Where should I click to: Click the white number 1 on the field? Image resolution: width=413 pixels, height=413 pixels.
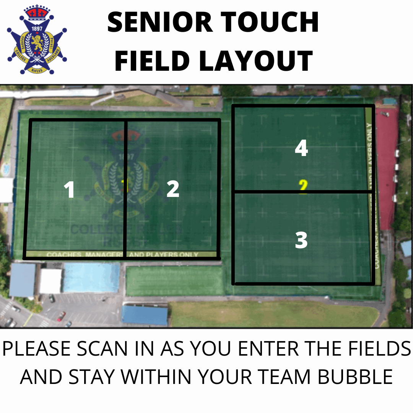point(69,190)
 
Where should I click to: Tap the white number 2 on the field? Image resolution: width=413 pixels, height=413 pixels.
point(173,189)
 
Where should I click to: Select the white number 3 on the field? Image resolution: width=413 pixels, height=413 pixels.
point(301,240)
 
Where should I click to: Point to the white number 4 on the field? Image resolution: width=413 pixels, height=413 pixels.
point(301,148)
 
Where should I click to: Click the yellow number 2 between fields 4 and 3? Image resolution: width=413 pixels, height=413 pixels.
point(303,187)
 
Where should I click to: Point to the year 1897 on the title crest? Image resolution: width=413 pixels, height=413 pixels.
point(37,28)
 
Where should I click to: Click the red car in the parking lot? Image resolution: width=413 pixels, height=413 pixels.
point(61,316)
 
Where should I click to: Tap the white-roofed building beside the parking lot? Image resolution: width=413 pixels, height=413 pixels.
point(50,281)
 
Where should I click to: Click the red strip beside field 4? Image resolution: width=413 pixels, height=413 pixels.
point(386,168)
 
